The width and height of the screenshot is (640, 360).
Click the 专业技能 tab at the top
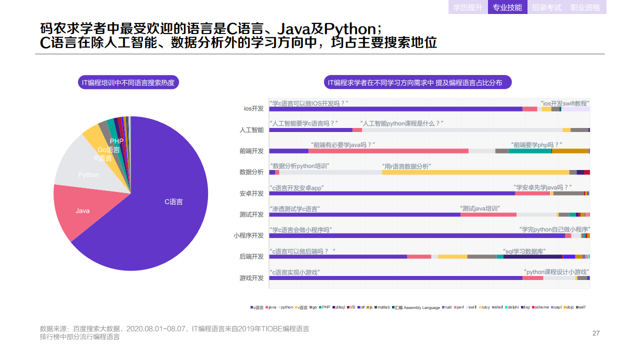507,7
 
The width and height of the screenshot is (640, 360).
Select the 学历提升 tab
467,7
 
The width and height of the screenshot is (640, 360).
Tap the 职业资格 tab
585,7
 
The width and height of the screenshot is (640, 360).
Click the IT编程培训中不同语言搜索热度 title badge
128,82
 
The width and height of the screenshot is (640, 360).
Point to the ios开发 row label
253,108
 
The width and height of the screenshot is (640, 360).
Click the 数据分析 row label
251,172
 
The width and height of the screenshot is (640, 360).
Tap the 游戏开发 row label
251,278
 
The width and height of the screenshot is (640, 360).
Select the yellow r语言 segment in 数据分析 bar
475,172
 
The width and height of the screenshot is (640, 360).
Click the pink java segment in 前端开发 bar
388,151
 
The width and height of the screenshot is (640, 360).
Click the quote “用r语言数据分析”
406,166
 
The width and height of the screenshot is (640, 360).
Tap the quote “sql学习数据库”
524,251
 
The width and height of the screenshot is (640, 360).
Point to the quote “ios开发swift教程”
565,103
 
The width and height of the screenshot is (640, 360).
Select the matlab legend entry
382,307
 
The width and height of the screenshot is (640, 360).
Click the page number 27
595,333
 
